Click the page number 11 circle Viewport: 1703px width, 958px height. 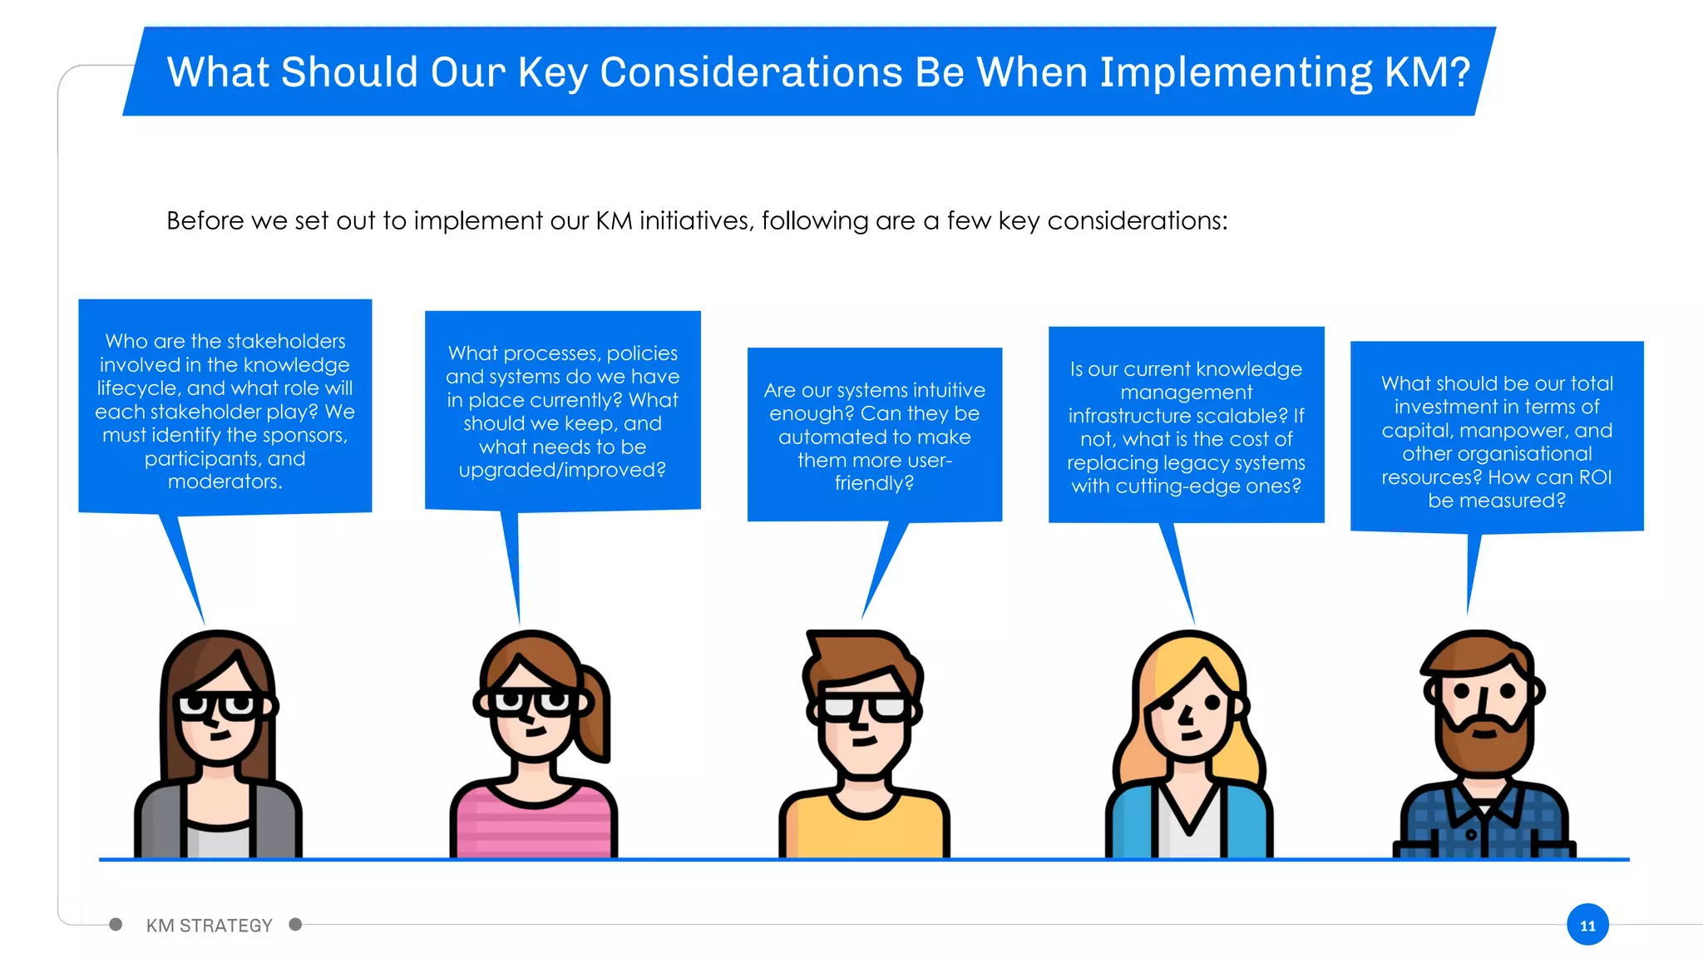(x=1587, y=925)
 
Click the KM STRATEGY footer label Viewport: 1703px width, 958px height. (x=209, y=926)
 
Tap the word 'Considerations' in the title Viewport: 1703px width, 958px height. (x=751, y=72)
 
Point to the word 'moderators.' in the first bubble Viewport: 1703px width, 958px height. (x=225, y=481)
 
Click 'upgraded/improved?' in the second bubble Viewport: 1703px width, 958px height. (x=562, y=470)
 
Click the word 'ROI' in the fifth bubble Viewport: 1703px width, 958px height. (x=1594, y=477)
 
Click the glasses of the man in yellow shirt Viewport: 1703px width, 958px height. (x=865, y=708)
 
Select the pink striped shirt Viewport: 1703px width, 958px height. (x=532, y=823)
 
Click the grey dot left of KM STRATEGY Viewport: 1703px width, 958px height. (x=116, y=925)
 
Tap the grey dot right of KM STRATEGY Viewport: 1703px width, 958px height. (x=295, y=925)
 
